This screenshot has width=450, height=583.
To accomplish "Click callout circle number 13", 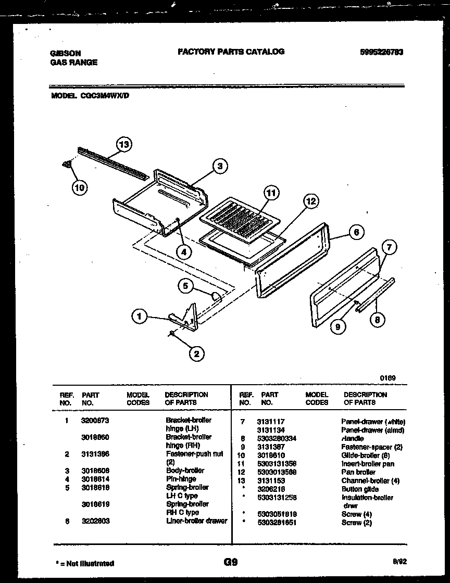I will click(123, 144).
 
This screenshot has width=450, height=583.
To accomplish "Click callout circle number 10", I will click(79, 187).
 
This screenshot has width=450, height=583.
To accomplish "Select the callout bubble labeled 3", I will click(220, 166).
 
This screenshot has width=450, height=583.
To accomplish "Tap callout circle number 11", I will click(270, 193).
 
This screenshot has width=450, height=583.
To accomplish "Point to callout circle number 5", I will click(185, 285).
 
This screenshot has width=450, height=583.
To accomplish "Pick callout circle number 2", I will click(196, 354).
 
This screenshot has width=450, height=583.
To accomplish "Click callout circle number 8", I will click(377, 320).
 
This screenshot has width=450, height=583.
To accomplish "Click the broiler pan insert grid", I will click(240, 218).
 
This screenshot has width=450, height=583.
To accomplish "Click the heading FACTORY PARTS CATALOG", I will click(231, 52).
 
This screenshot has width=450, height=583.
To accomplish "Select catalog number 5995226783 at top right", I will click(382, 52).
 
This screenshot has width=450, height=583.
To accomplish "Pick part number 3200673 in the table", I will click(95, 420).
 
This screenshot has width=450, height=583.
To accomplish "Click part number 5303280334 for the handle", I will click(277, 438).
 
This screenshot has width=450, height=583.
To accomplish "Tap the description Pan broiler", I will click(358, 472).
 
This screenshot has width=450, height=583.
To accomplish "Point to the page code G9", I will click(230, 562).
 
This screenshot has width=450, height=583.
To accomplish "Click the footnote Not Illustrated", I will click(84, 563).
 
